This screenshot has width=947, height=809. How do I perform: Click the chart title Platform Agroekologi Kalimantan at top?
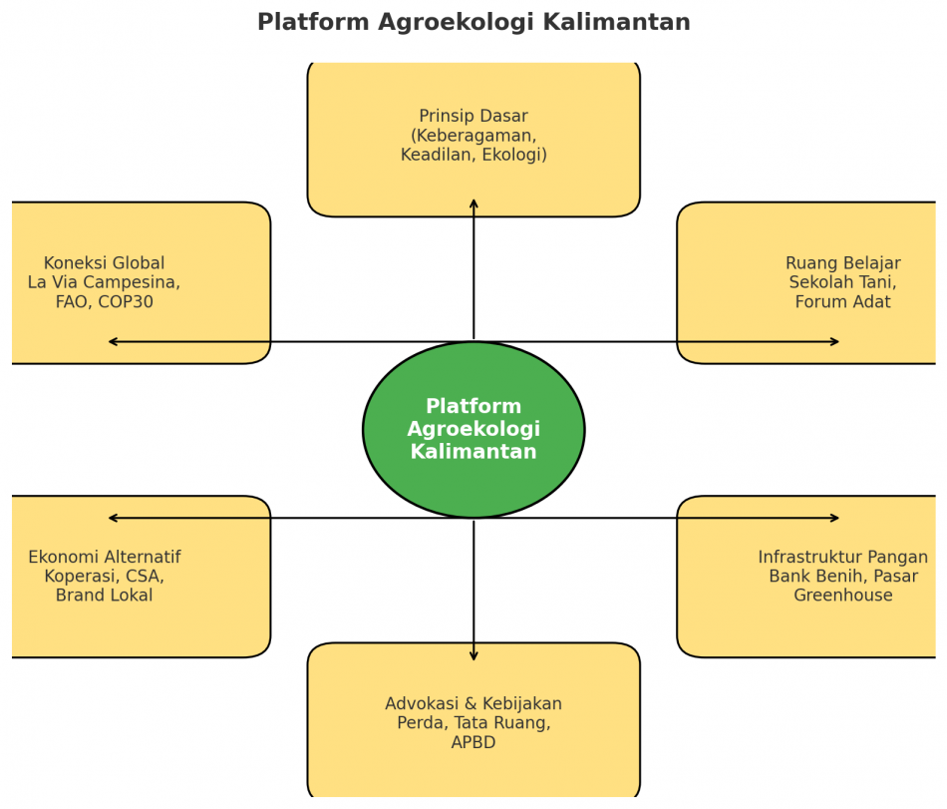click(473, 23)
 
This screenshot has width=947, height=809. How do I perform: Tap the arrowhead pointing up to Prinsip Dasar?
click(473, 203)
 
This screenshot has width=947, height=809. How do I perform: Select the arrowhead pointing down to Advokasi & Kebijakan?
click(473, 655)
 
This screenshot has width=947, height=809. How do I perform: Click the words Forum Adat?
click(842, 302)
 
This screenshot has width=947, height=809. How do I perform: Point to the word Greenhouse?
click(842, 596)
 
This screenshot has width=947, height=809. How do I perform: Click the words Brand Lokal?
click(105, 596)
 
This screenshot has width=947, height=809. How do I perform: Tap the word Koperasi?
click(80, 577)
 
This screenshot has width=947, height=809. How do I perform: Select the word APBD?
click(473, 743)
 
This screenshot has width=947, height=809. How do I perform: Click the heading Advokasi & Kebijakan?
click(473, 704)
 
